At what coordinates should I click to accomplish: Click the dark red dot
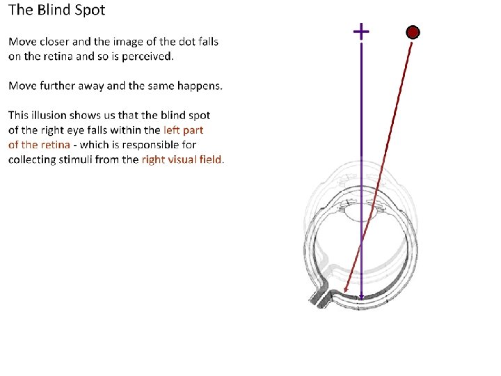click(x=413, y=32)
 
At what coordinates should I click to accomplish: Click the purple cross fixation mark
click(x=361, y=31)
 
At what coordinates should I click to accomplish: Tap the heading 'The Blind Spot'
click(x=57, y=11)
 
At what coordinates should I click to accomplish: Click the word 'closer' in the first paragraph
click(x=54, y=42)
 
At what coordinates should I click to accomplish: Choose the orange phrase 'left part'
click(x=183, y=130)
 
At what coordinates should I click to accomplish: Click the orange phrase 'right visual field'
click(x=182, y=159)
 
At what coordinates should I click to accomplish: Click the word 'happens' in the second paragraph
click(x=200, y=86)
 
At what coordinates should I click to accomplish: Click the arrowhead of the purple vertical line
click(x=361, y=298)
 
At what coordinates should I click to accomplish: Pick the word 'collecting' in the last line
click(x=31, y=159)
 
